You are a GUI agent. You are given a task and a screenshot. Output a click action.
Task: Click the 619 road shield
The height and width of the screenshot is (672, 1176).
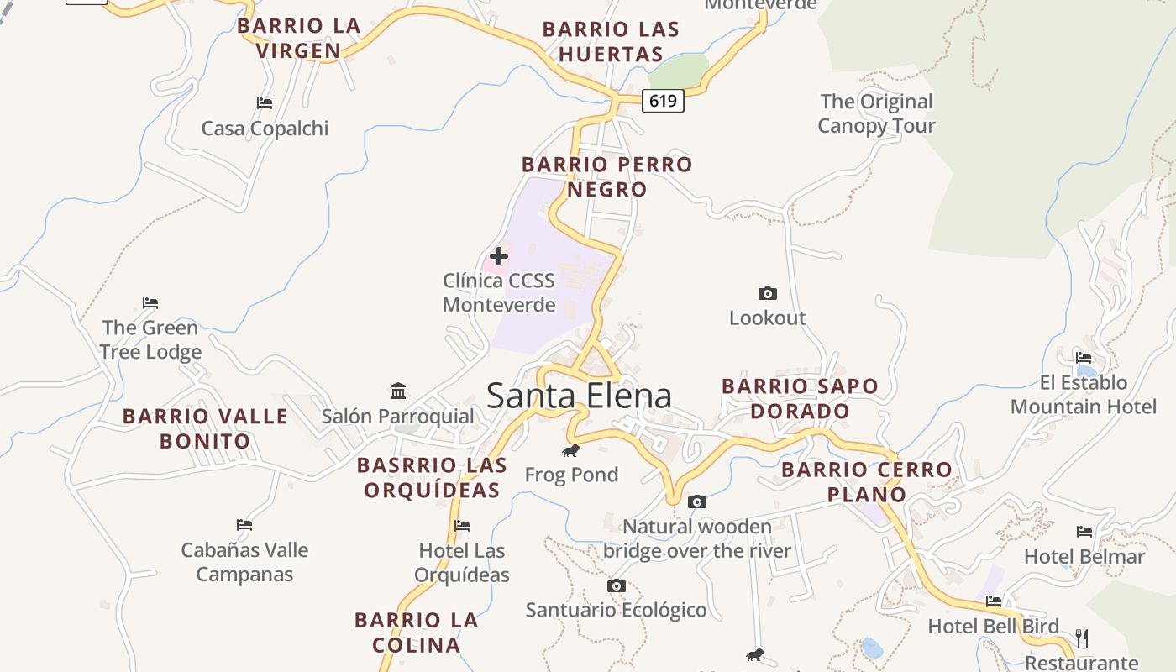[663, 101]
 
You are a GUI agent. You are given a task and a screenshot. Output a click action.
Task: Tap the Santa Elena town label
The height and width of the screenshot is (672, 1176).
[579, 396]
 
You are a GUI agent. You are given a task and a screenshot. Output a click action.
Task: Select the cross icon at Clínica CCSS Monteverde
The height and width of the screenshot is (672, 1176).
[499, 255]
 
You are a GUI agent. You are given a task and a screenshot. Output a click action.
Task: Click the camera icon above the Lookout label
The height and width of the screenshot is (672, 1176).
[767, 293]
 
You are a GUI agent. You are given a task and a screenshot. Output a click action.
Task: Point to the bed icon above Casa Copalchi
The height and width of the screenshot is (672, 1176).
[265, 103]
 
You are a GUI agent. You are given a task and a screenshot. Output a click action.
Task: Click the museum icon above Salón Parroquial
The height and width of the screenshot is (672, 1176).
[398, 391]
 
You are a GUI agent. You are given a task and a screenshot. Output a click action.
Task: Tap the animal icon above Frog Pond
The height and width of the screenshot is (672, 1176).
[571, 451]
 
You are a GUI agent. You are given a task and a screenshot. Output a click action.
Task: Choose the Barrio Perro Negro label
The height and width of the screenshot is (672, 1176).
[606, 176]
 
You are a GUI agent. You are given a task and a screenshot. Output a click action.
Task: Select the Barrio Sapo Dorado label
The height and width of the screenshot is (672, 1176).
[800, 398]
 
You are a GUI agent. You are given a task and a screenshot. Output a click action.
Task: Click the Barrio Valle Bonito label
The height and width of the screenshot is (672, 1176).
[206, 428]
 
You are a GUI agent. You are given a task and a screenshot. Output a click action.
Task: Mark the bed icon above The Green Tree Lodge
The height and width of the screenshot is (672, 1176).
[150, 302]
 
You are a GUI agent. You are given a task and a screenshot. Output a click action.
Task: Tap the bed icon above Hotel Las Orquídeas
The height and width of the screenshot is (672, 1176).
[461, 526]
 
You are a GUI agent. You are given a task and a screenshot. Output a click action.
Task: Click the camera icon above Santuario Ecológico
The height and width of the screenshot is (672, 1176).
[616, 585]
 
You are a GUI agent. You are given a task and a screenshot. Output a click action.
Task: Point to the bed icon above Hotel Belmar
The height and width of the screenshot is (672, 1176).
[1084, 531]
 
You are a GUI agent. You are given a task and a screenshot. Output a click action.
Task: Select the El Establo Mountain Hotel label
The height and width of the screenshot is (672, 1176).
[1084, 395]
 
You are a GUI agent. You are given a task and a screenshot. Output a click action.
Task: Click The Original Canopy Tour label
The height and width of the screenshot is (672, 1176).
[876, 113]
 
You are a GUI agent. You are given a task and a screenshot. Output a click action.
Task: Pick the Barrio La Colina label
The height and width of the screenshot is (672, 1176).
[417, 633]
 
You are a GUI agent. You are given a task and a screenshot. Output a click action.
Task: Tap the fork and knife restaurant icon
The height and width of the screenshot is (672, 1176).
[1082, 638]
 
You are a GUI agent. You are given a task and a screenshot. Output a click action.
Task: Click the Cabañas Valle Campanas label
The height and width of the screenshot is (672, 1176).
[244, 562]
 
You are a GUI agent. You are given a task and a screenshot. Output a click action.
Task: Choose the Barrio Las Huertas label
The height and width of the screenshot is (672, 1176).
[611, 41]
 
